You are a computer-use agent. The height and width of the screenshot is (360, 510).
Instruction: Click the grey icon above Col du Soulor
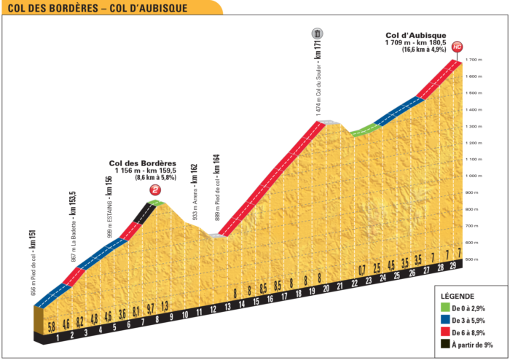(317, 33)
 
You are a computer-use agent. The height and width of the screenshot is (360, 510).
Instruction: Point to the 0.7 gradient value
(362, 270)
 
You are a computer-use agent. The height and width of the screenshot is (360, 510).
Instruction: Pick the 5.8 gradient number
(51, 327)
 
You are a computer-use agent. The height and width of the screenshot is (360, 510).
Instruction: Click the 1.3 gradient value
(165, 305)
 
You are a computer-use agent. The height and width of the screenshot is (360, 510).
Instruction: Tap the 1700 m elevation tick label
(475, 60)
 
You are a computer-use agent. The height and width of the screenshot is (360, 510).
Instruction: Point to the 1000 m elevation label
(474, 176)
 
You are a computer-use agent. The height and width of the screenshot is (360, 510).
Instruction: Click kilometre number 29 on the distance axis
(453, 267)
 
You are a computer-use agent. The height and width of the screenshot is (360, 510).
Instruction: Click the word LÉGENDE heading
(458, 297)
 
